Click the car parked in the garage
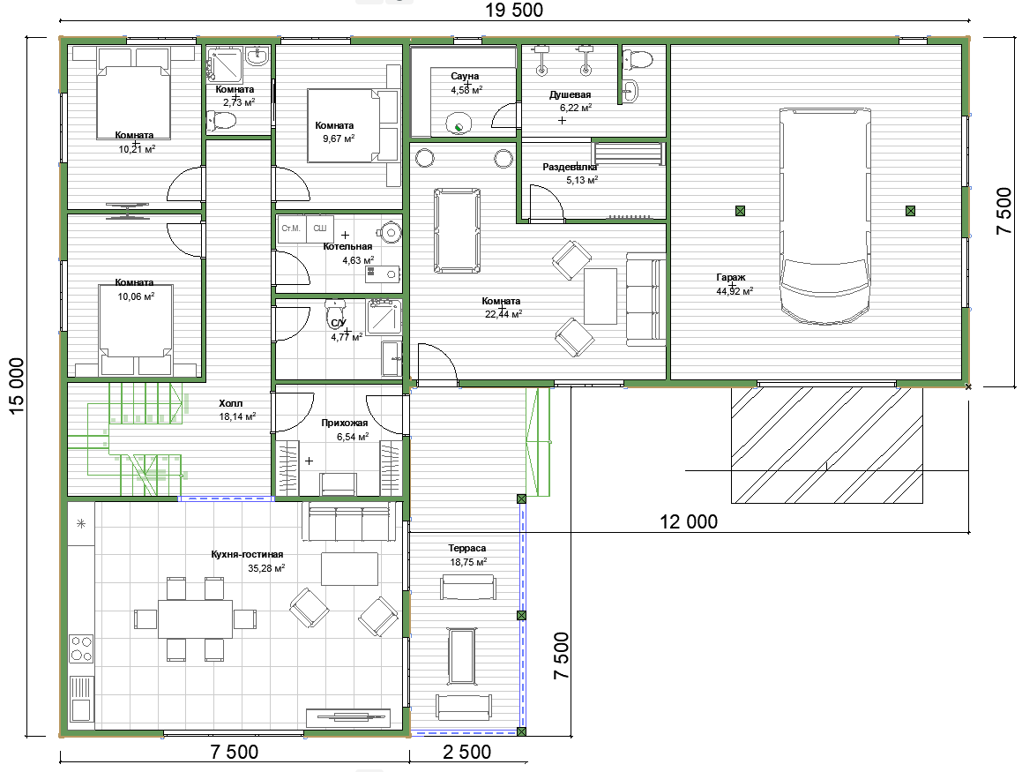click(x=824, y=216)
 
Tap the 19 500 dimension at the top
click(x=513, y=10)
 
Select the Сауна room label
click(x=465, y=76)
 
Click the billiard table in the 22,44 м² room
click(x=458, y=230)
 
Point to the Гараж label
click(x=731, y=278)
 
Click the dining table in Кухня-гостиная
click(x=196, y=618)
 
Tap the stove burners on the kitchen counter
click(x=81, y=648)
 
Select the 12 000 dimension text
click(x=689, y=521)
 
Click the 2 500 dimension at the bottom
click(x=466, y=753)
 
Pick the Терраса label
click(x=466, y=549)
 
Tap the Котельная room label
click(x=347, y=246)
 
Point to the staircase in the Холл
click(x=135, y=439)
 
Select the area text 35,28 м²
click(x=266, y=568)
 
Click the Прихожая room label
click(x=344, y=423)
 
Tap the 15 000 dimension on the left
click(x=17, y=386)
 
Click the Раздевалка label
click(x=570, y=167)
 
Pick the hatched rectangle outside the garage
click(x=826, y=445)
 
